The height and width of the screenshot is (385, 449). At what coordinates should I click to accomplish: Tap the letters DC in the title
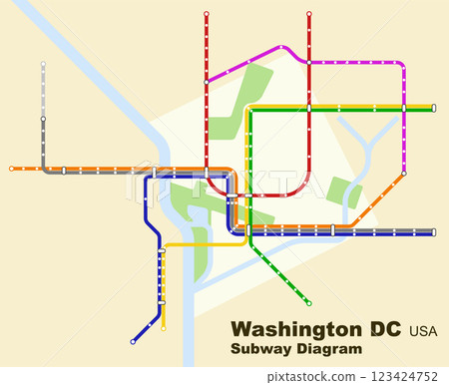pyautogui.click(x=385, y=329)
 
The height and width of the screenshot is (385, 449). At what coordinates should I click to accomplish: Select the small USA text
pyautogui.click(x=422, y=330)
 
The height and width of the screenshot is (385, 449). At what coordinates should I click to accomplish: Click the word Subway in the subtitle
pyautogui.click(x=258, y=349)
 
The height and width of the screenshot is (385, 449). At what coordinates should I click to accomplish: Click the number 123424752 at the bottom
pyautogui.click(x=403, y=376)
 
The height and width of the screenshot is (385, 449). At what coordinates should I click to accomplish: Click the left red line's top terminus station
pyautogui.click(x=207, y=14)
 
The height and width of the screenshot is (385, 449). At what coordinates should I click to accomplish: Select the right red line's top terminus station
pyautogui.click(x=309, y=14)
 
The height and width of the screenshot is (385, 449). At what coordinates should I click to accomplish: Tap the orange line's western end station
pyautogui.click(x=12, y=169)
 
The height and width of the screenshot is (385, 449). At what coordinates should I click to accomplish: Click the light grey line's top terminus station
pyautogui.click(x=43, y=65)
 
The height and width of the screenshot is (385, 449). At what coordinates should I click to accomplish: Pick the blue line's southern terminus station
pyautogui.click(x=133, y=342)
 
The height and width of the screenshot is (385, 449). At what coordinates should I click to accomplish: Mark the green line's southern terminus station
pyautogui.click(x=309, y=303)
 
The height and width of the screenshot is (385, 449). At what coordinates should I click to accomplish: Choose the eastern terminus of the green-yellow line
pyautogui.click(x=434, y=107)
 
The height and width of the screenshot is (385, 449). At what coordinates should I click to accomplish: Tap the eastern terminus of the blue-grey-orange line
pyautogui.click(x=434, y=232)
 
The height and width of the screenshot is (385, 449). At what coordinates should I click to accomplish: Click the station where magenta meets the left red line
pyautogui.click(x=207, y=80)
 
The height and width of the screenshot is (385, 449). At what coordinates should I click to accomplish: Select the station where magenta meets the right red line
pyautogui.click(x=309, y=61)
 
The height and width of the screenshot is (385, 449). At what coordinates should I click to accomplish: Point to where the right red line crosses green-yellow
pyautogui.click(x=309, y=107)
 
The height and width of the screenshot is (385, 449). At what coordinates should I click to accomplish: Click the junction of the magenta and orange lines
pyautogui.click(x=403, y=175)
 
